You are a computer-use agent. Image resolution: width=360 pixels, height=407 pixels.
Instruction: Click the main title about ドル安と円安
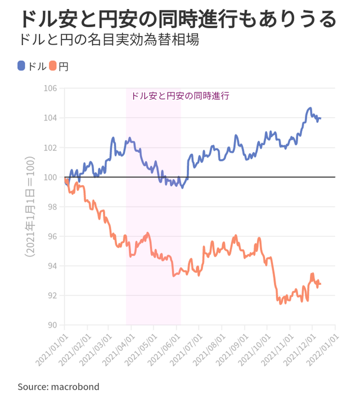(x=177, y=19)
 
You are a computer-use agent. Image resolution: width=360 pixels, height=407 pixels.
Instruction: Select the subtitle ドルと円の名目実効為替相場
(x=108, y=41)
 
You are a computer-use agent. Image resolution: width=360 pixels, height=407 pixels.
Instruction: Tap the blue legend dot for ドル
(x=21, y=66)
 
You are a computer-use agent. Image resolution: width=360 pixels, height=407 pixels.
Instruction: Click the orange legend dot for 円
(x=53, y=66)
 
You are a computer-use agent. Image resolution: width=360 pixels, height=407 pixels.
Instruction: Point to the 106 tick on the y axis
(x=52, y=89)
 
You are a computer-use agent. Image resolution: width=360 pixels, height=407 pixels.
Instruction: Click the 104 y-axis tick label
(x=52, y=118)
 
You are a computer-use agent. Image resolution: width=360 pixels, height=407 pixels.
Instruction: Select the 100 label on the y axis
(x=52, y=177)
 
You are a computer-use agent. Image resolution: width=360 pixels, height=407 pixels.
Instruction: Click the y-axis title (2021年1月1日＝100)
(x=30, y=207)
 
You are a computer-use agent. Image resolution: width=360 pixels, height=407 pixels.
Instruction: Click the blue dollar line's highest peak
(x=310, y=108)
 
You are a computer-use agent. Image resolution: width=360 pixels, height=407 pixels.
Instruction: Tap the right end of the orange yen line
(x=321, y=284)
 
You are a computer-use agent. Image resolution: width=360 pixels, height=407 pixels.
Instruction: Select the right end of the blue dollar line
(x=320, y=118)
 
